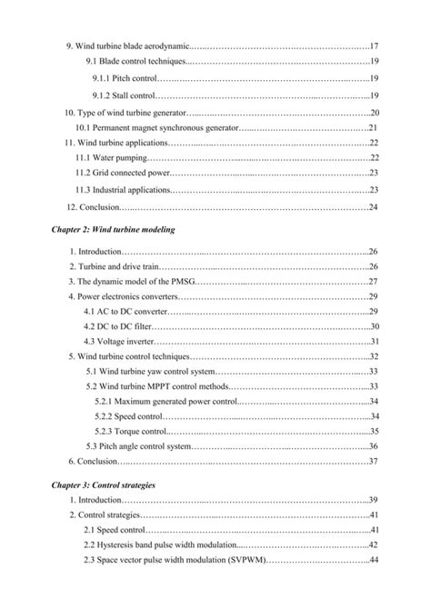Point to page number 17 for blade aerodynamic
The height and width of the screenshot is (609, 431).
coord(374,45)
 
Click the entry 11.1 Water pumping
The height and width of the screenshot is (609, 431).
coord(109,157)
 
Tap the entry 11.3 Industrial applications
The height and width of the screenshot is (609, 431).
coord(123,190)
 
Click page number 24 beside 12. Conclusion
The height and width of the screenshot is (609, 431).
coord(374,207)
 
